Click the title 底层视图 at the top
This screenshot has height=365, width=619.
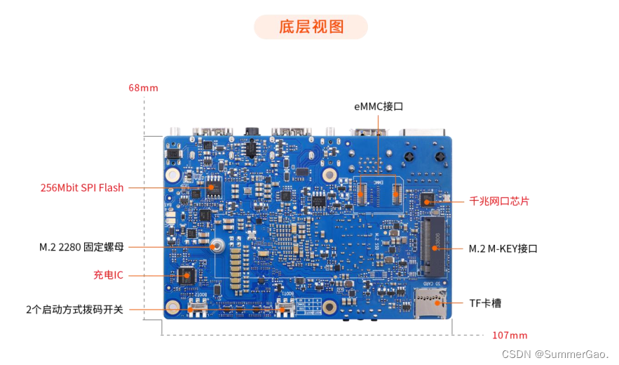point(311,27)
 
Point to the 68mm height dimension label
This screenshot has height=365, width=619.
point(143,88)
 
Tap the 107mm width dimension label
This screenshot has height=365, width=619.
point(510,335)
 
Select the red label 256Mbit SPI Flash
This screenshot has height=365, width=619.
point(81,187)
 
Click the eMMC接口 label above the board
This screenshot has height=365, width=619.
point(379,107)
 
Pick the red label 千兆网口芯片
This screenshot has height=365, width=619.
point(499,201)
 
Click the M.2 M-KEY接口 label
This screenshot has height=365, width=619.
point(503,248)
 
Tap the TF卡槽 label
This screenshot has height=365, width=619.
point(485,303)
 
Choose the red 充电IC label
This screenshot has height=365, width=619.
point(109,274)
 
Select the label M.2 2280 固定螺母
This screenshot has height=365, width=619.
point(81,247)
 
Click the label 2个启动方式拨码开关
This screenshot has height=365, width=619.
point(74,309)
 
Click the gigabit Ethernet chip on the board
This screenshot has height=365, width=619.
point(426,201)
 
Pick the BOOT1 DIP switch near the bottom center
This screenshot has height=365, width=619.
point(285,307)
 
